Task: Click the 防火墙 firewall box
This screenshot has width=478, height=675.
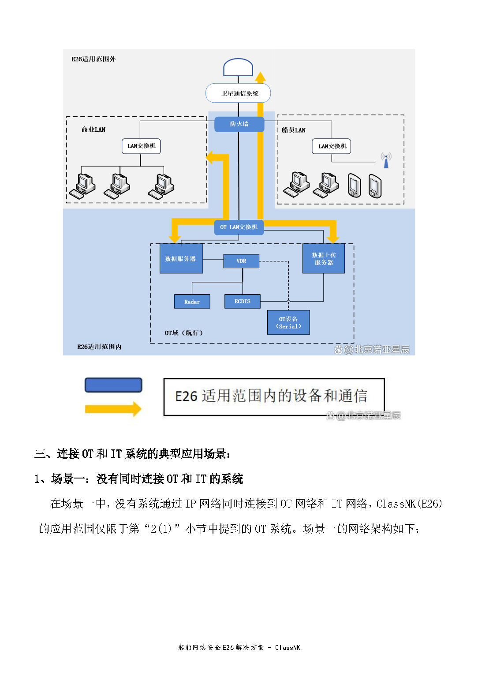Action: click(x=239, y=124)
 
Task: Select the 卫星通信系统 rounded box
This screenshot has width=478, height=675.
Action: click(x=238, y=93)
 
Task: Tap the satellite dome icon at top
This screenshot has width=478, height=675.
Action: click(x=238, y=67)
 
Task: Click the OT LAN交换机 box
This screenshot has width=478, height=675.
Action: click(x=239, y=227)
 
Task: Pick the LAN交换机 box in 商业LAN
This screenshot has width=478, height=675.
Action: click(x=141, y=146)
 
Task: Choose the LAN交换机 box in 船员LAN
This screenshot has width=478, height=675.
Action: click(x=332, y=146)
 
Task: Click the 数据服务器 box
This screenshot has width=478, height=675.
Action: click(x=181, y=259)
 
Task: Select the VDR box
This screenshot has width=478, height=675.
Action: click(x=241, y=261)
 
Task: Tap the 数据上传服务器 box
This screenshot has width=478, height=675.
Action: click(x=324, y=259)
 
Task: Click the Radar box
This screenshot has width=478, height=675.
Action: click(x=192, y=302)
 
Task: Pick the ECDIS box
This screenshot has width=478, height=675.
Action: click(x=242, y=301)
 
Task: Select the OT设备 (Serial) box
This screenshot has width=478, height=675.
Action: click(x=288, y=323)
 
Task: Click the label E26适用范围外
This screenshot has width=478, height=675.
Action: click(x=93, y=59)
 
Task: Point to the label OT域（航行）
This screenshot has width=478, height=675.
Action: click(x=184, y=333)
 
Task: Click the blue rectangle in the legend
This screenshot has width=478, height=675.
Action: click(x=113, y=385)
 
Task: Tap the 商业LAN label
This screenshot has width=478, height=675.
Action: click(x=93, y=130)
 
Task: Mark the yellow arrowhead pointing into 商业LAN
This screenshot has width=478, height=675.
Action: click(x=211, y=157)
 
